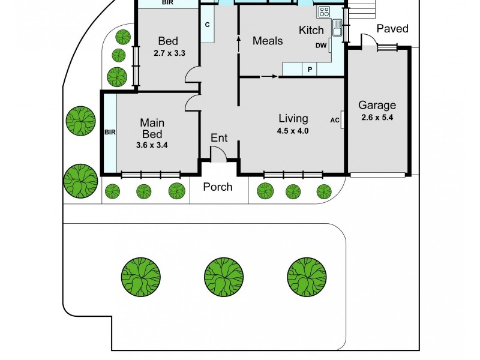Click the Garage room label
click(x=377, y=106)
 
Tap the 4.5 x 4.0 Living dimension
click(x=293, y=130)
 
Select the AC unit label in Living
click(x=335, y=119)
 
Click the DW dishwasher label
click(x=320, y=46)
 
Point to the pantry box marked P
click(x=310, y=70)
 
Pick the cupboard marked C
click(x=207, y=25)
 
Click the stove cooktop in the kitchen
click(x=324, y=11)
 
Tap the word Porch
click(x=217, y=187)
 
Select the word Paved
click(x=392, y=29)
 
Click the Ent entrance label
click(x=219, y=138)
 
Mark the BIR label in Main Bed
click(x=110, y=132)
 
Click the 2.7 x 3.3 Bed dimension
click(x=168, y=53)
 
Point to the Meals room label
click(x=268, y=41)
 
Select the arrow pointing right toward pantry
click(x=269, y=76)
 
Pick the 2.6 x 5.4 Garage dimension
click(x=377, y=118)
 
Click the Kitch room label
click(x=311, y=30)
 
